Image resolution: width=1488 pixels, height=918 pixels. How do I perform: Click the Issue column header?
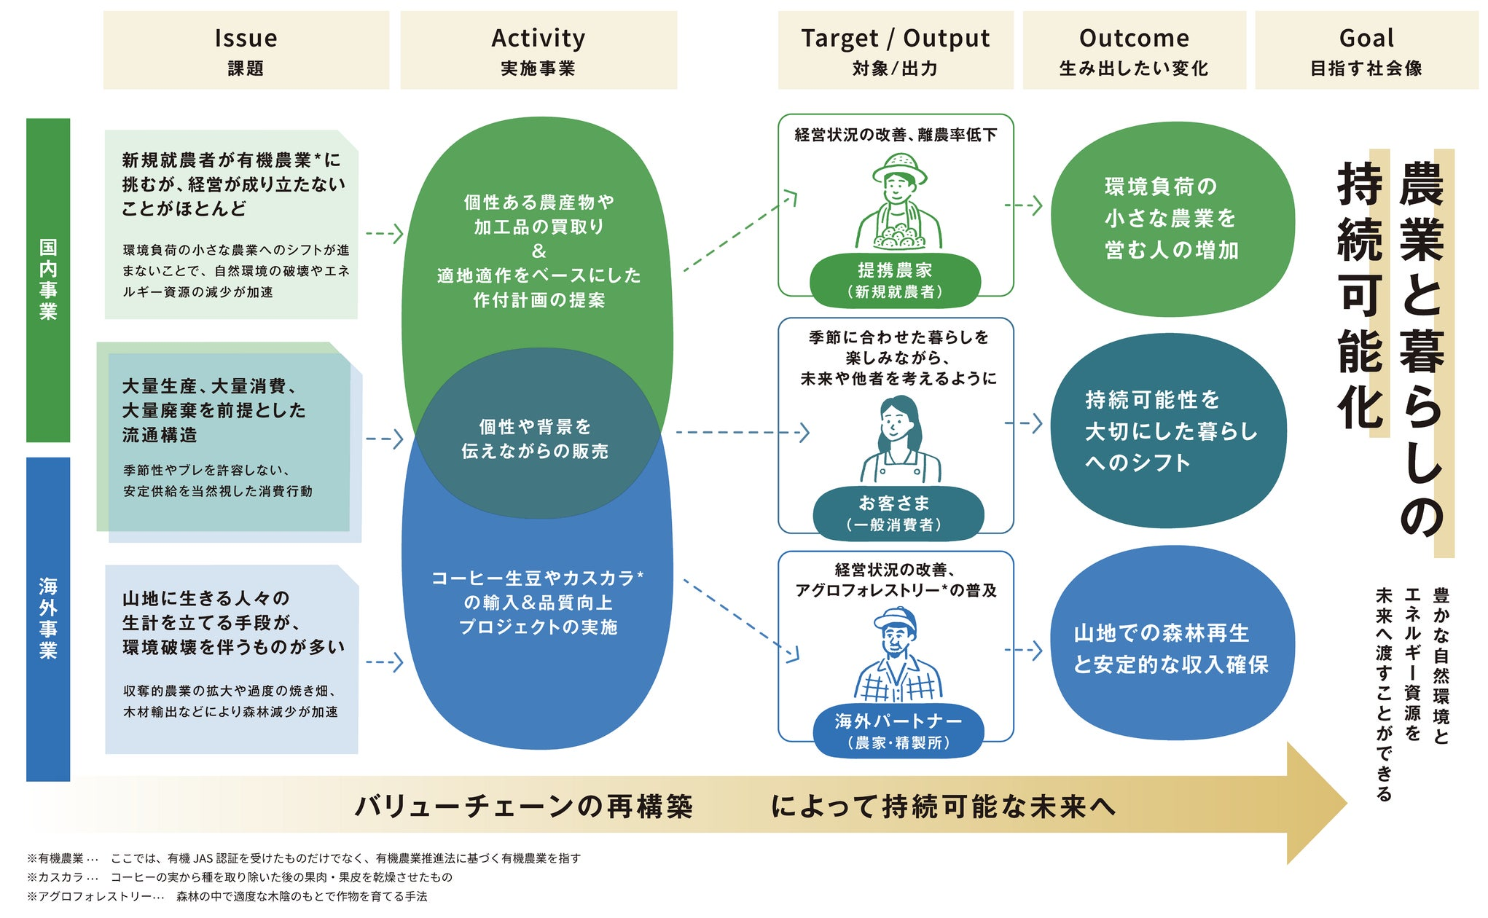coord(246,50)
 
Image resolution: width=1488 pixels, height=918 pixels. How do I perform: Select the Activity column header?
coord(538,50)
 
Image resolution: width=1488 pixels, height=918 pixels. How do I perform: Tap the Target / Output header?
coord(895,50)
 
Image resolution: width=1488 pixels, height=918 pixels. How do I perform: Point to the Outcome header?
coord(1134,50)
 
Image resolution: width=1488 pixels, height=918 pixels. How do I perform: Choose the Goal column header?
coord(1366,50)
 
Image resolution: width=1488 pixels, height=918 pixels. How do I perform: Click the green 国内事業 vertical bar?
coord(48,280)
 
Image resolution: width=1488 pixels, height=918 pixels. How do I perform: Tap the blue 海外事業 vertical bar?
coord(48,619)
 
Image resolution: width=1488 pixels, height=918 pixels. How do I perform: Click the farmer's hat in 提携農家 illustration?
coord(900,167)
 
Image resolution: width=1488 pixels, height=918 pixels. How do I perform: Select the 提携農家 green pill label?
coord(895,280)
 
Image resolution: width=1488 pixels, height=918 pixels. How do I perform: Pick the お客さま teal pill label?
coord(898,513)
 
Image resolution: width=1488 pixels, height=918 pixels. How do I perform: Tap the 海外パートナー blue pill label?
coord(898,731)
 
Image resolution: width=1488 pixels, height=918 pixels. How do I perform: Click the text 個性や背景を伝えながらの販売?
coord(536,439)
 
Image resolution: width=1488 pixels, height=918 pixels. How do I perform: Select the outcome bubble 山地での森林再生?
coord(1171,648)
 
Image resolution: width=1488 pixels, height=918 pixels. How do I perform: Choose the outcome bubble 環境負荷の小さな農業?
coord(1171,219)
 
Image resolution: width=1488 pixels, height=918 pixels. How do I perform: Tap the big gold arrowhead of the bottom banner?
coord(1315,804)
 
